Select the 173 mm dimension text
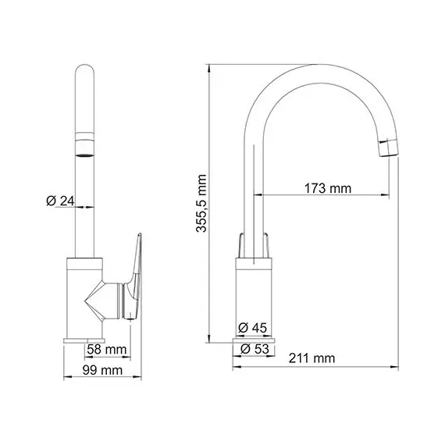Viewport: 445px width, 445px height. click(x=327, y=188)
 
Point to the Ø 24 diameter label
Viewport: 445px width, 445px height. click(x=60, y=201)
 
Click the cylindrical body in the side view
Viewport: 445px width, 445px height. click(x=254, y=297)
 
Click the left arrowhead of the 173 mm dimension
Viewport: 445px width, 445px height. click(x=267, y=194)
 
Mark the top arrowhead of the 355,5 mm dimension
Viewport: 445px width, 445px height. click(x=211, y=66)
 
